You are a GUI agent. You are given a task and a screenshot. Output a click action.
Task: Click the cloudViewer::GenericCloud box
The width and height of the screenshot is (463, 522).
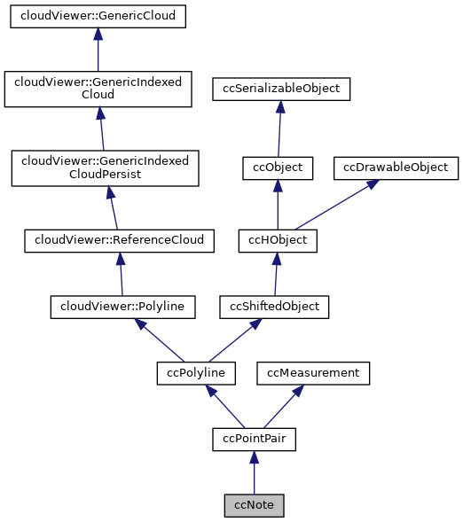pyautogui.click(x=98, y=17)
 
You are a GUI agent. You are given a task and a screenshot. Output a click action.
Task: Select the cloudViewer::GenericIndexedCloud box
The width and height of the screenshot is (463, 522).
pyautogui.click(x=98, y=90)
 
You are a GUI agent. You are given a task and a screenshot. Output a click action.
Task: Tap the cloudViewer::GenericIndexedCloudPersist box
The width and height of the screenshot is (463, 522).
pyautogui.click(x=105, y=168)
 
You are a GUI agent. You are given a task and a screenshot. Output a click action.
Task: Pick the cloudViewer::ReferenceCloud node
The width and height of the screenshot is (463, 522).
pyautogui.click(x=119, y=240)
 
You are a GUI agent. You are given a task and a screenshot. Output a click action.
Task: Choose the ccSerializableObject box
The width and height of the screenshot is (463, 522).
pyautogui.click(x=281, y=90)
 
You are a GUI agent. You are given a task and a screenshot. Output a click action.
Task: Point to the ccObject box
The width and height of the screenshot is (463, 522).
pyautogui.click(x=278, y=167)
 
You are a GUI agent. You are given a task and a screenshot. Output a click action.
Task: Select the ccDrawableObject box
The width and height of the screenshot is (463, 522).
pyautogui.click(x=396, y=167)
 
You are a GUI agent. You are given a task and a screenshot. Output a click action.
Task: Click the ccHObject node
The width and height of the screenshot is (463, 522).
pyautogui.click(x=277, y=240)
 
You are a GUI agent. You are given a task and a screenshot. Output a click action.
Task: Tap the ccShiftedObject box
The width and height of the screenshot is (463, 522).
pyautogui.click(x=275, y=307)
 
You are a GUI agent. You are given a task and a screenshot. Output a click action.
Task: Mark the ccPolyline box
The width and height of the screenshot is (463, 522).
pyautogui.click(x=196, y=373)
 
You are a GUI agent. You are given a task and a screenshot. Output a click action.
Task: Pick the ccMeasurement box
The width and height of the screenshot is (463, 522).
pyautogui.click(x=313, y=373)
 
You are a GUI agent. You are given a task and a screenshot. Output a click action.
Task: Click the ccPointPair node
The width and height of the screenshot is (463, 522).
pyautogui.click(x=254, y=439)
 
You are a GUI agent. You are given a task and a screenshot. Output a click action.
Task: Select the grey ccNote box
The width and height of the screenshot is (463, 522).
pyautogui.click(x=254, y=505)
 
